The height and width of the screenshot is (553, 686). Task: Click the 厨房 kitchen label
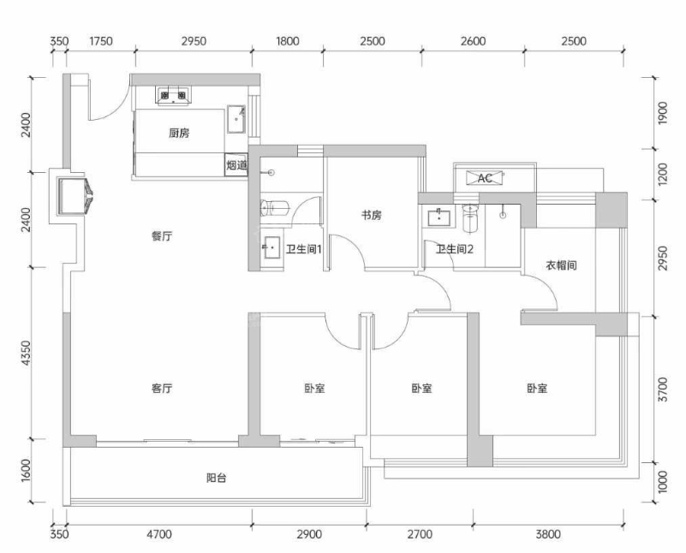click(179, 133)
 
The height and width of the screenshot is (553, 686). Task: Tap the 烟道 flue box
click(236, 165)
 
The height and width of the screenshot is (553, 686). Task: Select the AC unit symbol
click(485, 178)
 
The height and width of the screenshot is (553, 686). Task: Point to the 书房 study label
click(371, 215)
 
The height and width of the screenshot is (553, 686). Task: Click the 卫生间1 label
click(304, 250)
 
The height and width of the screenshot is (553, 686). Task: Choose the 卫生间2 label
click(455, 250)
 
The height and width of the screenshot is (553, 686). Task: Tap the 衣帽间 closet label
click(561, 265)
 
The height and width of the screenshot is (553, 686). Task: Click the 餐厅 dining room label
click(162, 236)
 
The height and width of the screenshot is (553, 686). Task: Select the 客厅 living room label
click(162, 388)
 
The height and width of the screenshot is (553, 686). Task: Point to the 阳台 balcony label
click(216, 478)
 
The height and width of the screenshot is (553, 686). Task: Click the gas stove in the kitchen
click(173, 96)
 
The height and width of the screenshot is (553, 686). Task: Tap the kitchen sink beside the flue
click(236, 119)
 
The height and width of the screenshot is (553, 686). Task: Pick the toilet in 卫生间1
click(275, 208)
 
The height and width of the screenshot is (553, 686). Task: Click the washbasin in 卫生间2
click(438, 217)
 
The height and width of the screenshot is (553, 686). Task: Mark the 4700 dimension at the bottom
click(159, 534)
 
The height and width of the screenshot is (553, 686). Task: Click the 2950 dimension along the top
click(194, 42)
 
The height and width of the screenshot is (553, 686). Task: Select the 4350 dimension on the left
click(27, 354)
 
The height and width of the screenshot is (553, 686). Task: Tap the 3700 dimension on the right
click(663, 390)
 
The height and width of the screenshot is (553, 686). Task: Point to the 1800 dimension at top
click(288, 42)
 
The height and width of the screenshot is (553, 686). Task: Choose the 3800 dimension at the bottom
click(548, 534)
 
